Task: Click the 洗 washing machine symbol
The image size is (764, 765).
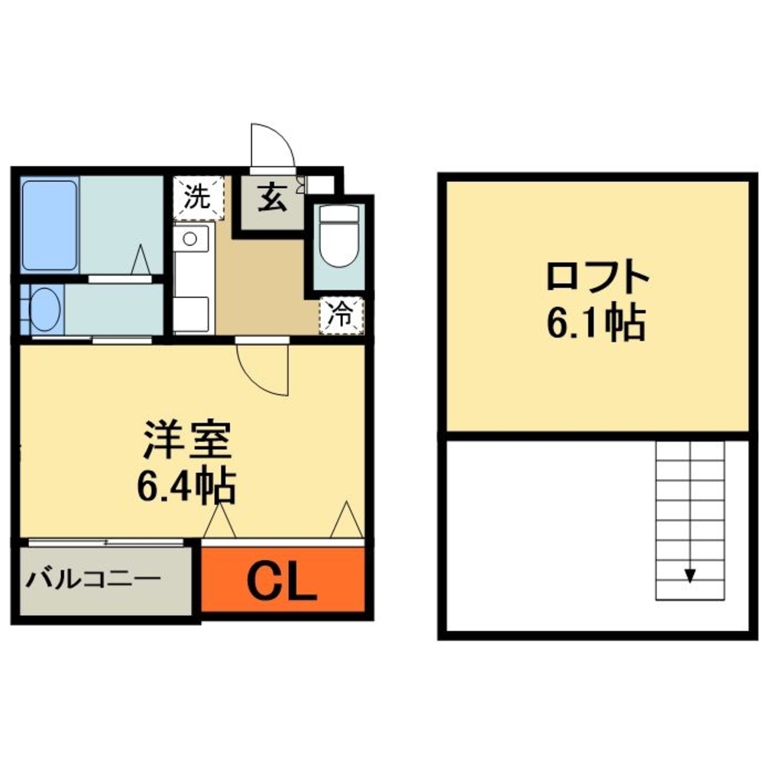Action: tap(198, 198)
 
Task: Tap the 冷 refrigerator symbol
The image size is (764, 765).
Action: tap(341, 315)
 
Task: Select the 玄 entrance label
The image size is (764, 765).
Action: tap(273, 199)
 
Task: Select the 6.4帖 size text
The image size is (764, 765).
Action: tap(186, 484)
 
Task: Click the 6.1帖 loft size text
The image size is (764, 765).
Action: tap(596, 323)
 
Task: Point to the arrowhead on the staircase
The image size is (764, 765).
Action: tap(690, 575)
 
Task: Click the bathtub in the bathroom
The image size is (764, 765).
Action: tap(50, 225)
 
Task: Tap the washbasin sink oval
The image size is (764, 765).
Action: tap(46, 310)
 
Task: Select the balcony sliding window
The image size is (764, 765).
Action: tap(106, 542)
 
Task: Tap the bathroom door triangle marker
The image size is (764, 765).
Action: tap(141, 260)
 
